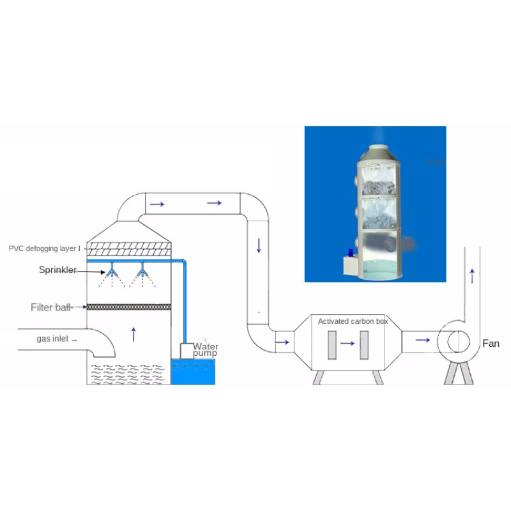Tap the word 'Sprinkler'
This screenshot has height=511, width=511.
57,270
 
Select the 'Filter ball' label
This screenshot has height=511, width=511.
51,308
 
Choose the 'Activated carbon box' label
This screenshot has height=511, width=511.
353,321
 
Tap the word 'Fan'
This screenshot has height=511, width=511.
491,344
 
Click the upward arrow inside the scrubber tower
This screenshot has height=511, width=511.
133,333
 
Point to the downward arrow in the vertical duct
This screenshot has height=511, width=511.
259,245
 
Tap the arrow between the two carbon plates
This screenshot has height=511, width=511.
347,343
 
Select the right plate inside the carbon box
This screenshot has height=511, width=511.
364,344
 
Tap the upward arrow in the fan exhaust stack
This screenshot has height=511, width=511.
472,276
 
